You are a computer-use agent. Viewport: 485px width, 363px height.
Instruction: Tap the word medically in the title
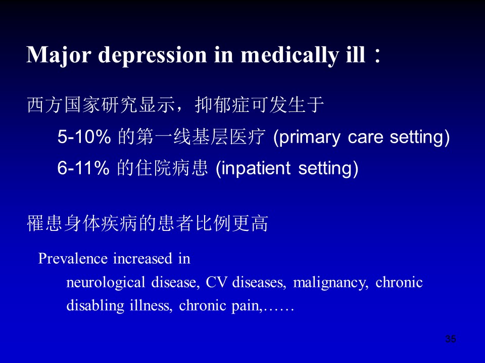(x=289, y=55)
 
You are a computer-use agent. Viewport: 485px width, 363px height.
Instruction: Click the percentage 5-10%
(x=84, y=137)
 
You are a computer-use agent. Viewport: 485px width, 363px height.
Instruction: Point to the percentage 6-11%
(x=83, y=168)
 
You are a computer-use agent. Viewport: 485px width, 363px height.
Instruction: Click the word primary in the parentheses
(x=309, y=138)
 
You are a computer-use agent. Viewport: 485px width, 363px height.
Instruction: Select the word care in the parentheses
(x=365, y=138)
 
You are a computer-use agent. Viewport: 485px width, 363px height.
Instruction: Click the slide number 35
(x=451, y=339)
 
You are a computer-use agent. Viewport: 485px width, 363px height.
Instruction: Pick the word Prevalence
(x=73, y=258)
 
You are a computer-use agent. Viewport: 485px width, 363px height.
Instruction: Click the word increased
(x=142, y=258)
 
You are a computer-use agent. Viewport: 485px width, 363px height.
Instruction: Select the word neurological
(x=106, y=283)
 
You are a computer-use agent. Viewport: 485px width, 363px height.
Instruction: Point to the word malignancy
(x=330, y=283)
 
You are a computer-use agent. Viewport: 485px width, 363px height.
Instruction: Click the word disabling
(x=95, y=306)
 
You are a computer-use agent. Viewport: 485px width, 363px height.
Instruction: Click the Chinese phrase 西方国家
(x=64, y=105)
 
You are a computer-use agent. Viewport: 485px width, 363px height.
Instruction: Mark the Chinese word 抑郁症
(x=222, y=105)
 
